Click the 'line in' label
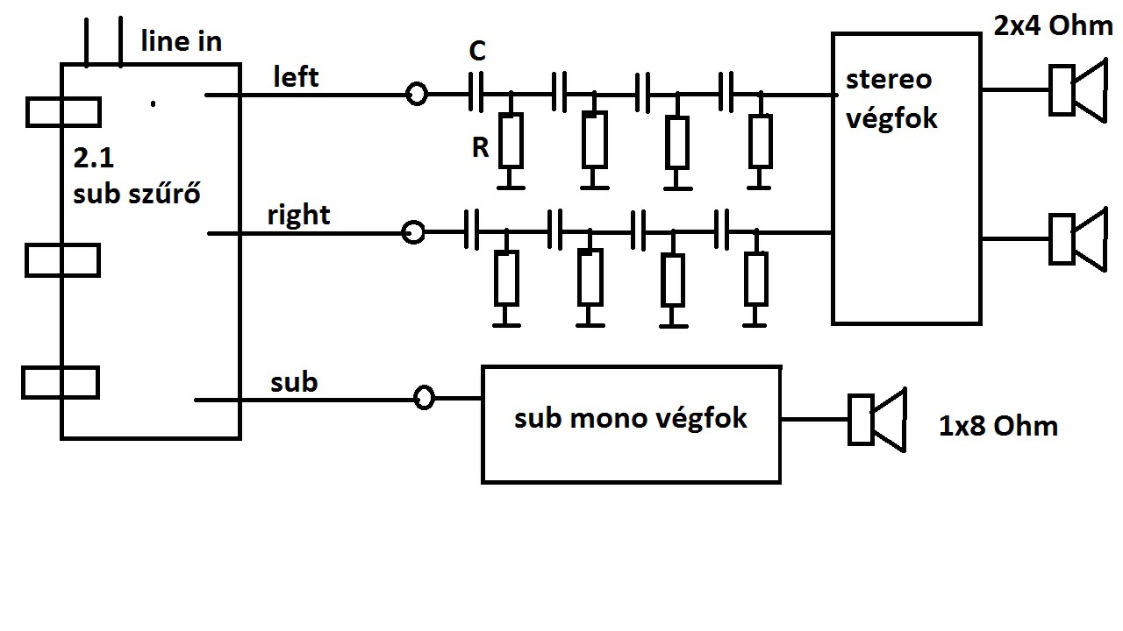pyautogui.click(x=181, y=41)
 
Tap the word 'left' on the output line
pyautogui.click(x=296, y=77)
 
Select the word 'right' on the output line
pyautogui.click(x=298, y=215)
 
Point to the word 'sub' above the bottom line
pyautogui.click(x=294, y=383)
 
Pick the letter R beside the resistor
pyautogui.click(x=480, y=148)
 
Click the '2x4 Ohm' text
pyautogui.click(x=1052, y=25)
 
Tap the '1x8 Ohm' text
pyautogui.click(x=998, y=427)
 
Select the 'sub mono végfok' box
pyautogui.click(x=631, y=424)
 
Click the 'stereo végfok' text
pyautogui.click(x=891, y=98)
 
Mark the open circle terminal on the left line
pyautogui.click(x=418, y=94)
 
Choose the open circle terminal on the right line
pyautogui.click(x=412, y=232)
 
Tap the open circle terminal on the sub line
pyautogui.click(x=424, y=398)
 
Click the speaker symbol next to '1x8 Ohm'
pyautogui.click(x=876, y=420)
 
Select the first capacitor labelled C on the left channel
pyautogui.click(x=477, y=94)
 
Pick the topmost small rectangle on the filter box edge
pyautogui.click(x=62, y=112)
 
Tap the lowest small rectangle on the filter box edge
pyautogui.click(x=60, y=383)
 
